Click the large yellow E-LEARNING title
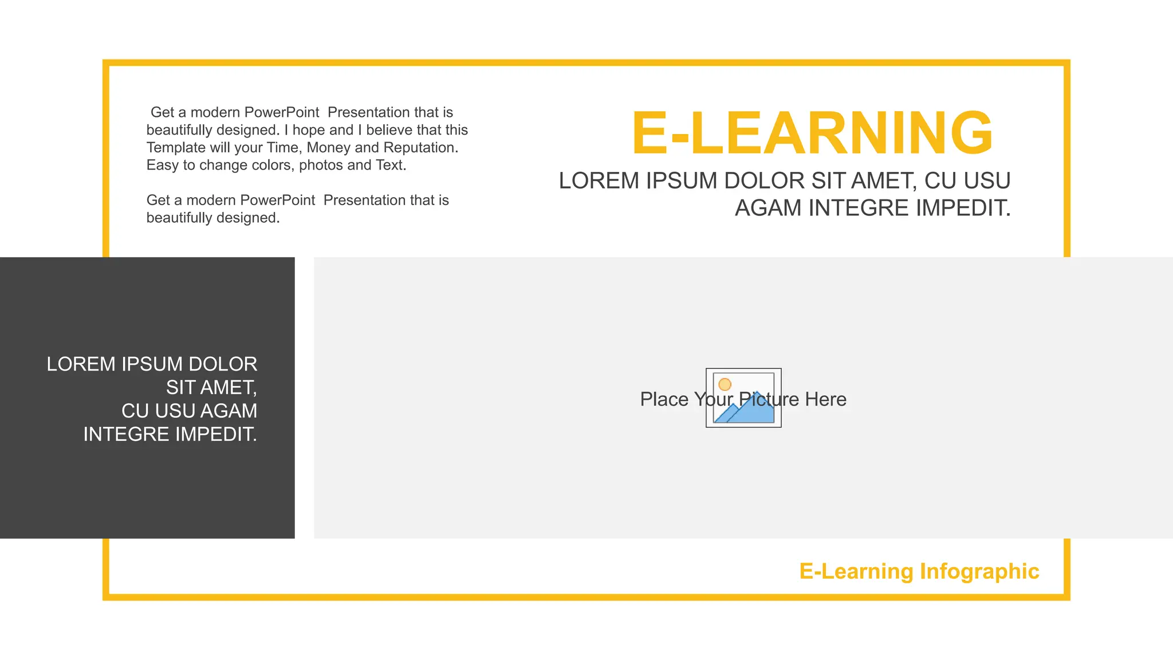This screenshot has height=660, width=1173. pyautogui.click(x=812, y=133)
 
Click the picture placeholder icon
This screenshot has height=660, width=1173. pyautogui.click(x=743, y=398)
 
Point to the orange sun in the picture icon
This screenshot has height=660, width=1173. pyautogui.click(x=725, y=384)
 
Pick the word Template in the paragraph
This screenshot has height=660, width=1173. pyautogui.click(x=176, y=148)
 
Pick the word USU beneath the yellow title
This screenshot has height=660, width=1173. pyautogui.click(x=987, y=181)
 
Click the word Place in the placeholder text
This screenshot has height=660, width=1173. pyautogui.click(x=664, y=399)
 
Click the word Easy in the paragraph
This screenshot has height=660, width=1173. pyautogui.click(x=163, y=166)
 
